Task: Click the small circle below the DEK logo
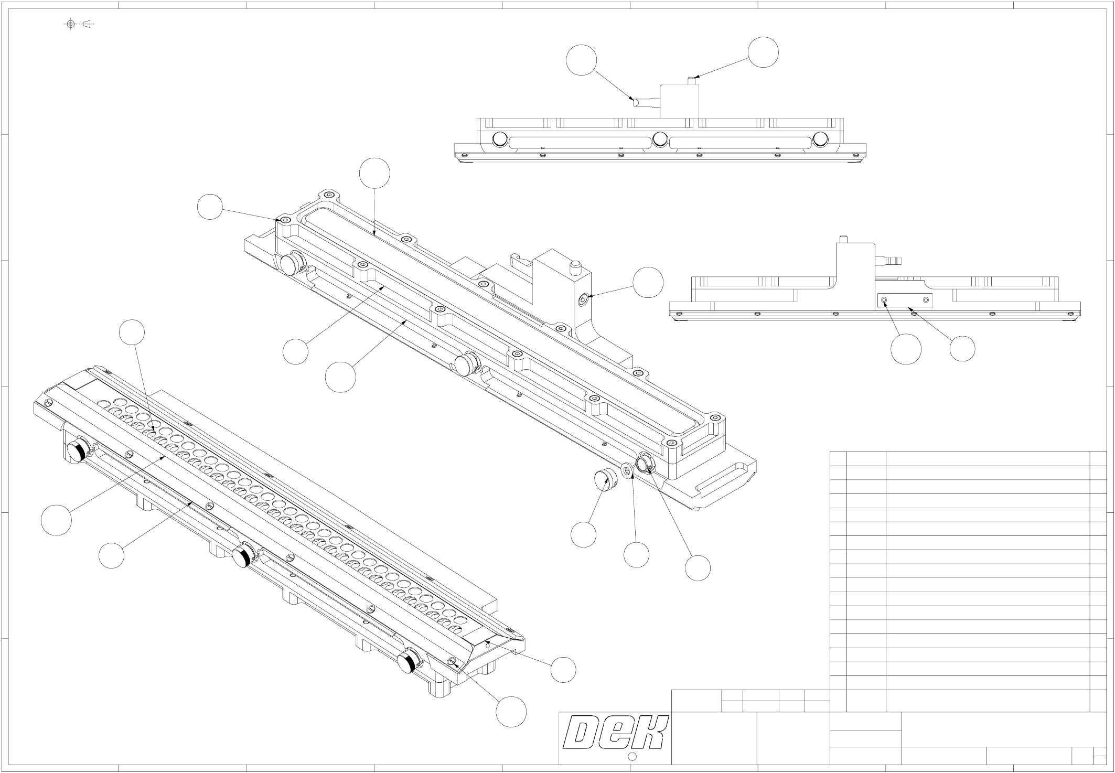(x=632, y=756)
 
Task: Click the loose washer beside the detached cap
(x=627, y=470)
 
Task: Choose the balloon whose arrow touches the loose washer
(x=636, y=554)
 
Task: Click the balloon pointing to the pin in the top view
(x=763, y=52)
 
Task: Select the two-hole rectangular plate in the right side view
(x=905, y=300)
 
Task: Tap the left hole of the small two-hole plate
(x=885, y=299)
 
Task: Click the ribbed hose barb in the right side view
(x=892, y=259)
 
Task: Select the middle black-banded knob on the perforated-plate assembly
(x=242, y=556)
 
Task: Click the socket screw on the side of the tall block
(x=583, y=300)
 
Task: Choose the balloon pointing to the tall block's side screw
(x=648, y=282)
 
